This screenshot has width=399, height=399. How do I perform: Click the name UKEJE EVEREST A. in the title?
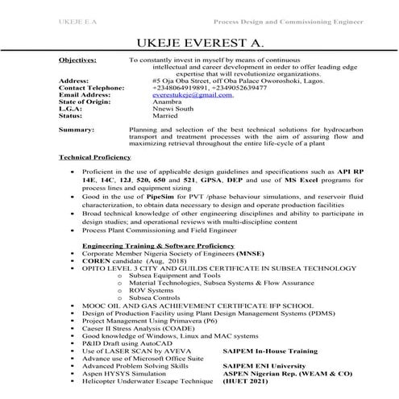click(x=199, y=40)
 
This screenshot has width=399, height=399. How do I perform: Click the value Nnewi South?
click(x=172, y=109)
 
